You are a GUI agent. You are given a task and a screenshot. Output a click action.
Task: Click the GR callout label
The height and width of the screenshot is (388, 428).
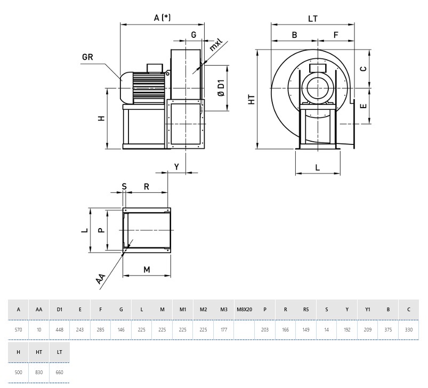coord(89,58)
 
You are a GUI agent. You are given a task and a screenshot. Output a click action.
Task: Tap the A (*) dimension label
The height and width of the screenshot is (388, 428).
coord(162,18)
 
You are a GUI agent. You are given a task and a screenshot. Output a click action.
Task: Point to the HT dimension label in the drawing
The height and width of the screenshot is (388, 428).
coord(252,99)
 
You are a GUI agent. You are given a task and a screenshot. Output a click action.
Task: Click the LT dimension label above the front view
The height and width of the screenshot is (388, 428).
coord(313,18)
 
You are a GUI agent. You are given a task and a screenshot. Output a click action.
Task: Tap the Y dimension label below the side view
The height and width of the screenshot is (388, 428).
coord(176,167)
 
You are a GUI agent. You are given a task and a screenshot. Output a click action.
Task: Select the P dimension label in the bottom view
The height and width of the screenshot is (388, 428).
coord(100,230)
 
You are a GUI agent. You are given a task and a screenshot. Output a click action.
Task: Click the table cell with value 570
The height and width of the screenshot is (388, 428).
coord(19,329)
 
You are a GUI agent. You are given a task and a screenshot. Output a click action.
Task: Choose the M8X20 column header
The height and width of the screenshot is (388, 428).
coord(244,309)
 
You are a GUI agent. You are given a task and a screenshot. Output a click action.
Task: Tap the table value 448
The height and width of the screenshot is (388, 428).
coord(60,329)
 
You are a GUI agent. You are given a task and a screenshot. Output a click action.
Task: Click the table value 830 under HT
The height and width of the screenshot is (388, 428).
coord(39,372)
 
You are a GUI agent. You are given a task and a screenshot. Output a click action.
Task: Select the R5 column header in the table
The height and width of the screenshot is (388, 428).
coord(306,309)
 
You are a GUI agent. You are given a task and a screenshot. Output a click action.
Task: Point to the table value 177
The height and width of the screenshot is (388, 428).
coord(224,329)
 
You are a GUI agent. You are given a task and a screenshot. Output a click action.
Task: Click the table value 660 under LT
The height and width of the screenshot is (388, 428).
coord(60,372)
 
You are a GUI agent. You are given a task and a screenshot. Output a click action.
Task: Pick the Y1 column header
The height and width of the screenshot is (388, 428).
coord(368,309)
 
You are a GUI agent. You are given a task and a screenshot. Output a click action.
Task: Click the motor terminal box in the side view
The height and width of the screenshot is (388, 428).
coord(155,67)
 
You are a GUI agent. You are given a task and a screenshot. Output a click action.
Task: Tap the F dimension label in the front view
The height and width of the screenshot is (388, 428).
coord(336,35)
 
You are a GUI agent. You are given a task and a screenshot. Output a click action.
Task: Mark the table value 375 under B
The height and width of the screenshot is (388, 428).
coord(388,329)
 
